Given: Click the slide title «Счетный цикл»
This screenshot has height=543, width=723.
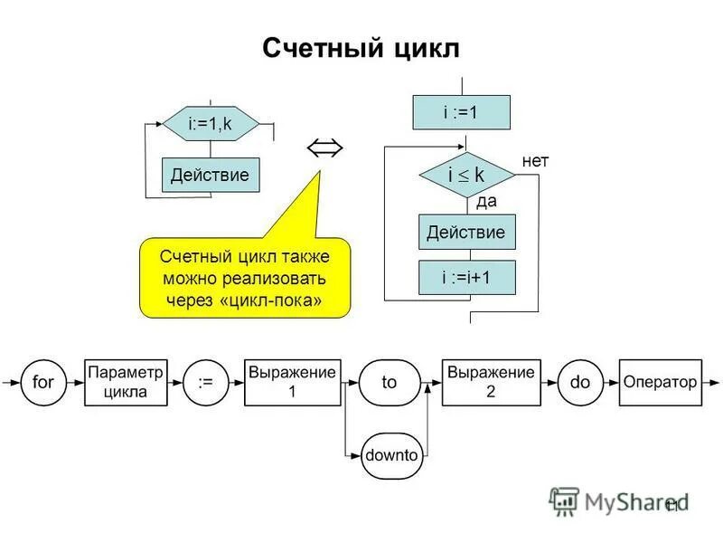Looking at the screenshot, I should pos(361,48).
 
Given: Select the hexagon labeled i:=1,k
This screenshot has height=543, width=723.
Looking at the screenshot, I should pos(211,124).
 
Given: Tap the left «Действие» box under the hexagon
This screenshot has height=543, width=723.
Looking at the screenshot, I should pos(211,175).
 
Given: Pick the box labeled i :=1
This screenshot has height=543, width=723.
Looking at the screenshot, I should pos(461,112).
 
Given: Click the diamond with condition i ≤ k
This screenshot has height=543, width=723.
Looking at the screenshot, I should pos(466,176).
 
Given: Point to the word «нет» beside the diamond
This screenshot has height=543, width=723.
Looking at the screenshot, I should pos(535,160).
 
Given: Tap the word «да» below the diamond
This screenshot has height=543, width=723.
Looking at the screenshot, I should pos(486,201).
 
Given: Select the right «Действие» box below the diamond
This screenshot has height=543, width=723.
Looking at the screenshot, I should pos(466,233).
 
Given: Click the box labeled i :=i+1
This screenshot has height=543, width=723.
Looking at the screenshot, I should pos(466,278).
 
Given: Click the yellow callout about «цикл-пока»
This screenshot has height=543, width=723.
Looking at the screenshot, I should pos(244,277).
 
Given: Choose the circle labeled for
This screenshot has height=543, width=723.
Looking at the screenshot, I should pos(43,382).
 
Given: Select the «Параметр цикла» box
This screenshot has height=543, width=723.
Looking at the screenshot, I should pos(126,382).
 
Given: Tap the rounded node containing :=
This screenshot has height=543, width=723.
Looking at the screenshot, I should pos(205,382).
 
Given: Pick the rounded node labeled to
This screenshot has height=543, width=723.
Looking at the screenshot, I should pos(390,382).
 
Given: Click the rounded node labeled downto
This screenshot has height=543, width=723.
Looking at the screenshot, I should pos(391,455).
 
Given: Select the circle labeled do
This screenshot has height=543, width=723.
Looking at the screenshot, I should pos(579,382).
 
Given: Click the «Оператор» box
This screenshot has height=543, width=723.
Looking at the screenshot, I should pos(660,382).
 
